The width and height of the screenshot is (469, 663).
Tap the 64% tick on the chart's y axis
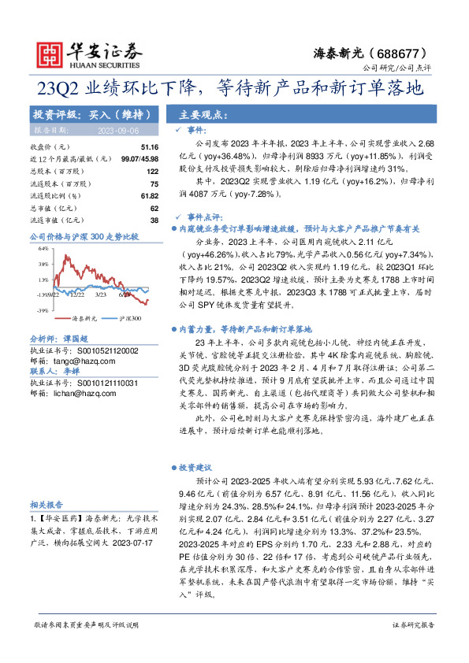[43, 248]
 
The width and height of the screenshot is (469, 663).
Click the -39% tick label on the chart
[41, 311]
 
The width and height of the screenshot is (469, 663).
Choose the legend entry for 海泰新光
[85, 319]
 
